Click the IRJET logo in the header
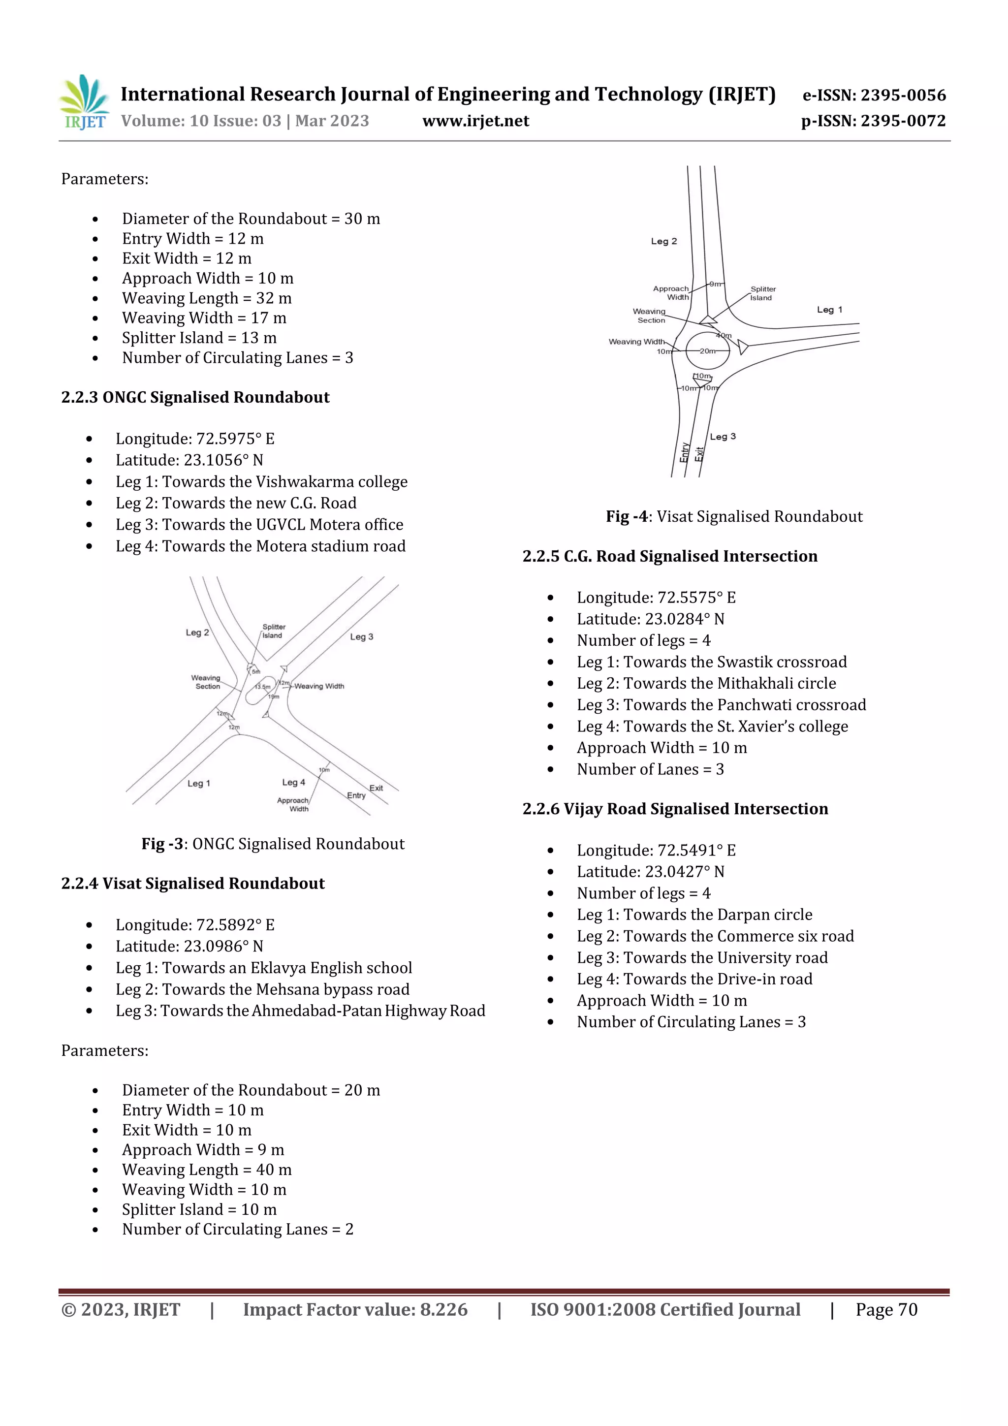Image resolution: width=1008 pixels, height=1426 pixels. [84, 103]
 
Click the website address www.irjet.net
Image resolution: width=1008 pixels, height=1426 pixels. [476, 121]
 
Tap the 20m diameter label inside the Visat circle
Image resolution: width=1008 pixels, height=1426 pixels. [707, 351]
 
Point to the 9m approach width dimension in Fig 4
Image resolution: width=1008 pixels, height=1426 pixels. [716, 284]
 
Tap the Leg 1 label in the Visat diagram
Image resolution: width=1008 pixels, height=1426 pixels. [829, 309]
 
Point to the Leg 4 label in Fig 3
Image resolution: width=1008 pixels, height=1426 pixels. [294, 782]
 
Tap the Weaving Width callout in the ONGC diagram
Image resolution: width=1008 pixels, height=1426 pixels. [318, 686]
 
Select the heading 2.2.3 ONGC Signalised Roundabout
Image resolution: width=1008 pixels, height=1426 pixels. [195, 398]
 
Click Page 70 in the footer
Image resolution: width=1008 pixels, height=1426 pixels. [886, 1309]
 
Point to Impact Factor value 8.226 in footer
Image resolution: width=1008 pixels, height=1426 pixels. [355, 1309]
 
